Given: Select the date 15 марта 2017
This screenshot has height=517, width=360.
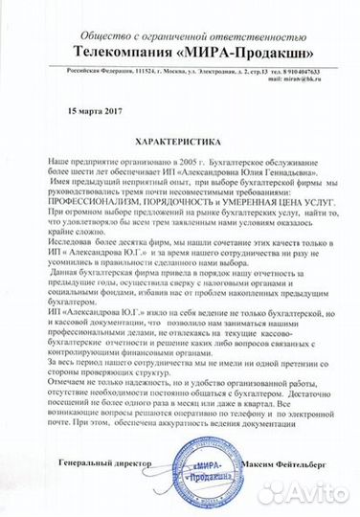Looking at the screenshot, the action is click(x=97, y=111).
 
